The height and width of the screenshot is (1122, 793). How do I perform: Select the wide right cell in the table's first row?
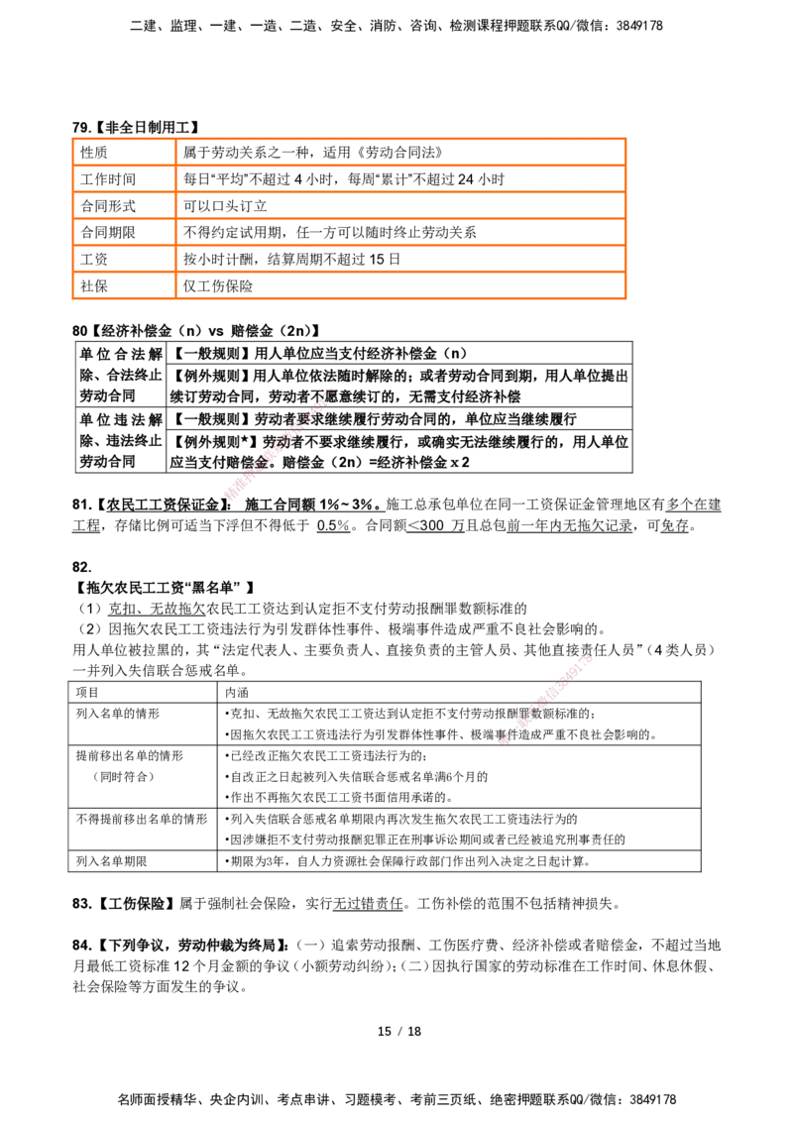click(400, 152)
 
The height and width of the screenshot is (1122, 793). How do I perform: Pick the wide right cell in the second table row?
click(400, 179)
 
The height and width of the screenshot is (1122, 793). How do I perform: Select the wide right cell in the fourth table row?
click(400, 232)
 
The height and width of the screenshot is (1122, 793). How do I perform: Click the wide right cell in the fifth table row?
click(400, 259)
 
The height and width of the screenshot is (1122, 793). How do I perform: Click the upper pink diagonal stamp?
click(280, 444)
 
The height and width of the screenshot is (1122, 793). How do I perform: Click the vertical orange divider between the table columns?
click(173, 218)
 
